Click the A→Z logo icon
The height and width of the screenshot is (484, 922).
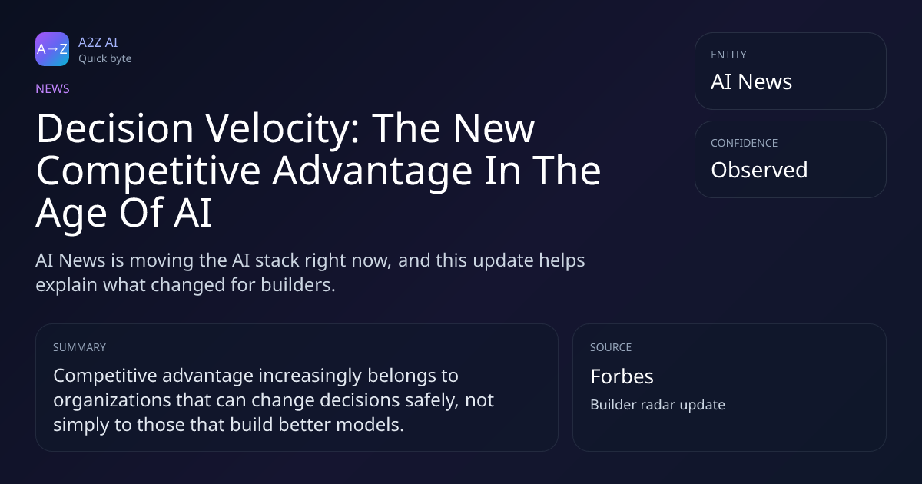(52, 49)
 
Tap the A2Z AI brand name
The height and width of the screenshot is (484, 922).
(98, 42)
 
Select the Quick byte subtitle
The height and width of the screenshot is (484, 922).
(105, 59)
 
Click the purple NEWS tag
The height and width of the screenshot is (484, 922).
(53, 88)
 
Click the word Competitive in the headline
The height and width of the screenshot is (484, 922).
(148, 171)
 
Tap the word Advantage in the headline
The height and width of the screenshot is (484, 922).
(373, 171)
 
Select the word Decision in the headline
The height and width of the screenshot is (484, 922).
(114, 128)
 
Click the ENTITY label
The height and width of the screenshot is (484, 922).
(728, 55)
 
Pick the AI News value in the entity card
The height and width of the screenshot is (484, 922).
(751, 81)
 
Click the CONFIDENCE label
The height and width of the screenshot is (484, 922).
(745, 143)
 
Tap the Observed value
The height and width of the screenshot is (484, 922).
(759, 170)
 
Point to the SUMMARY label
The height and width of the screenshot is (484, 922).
(79, 347)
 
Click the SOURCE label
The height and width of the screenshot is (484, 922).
(611, 347)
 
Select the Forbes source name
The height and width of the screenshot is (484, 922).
(622, 376)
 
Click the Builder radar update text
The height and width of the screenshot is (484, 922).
(658, 405)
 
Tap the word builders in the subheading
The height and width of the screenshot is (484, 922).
(298, 285)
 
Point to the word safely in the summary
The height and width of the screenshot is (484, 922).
(432, 400)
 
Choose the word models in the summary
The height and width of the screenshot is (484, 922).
(370, 425)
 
